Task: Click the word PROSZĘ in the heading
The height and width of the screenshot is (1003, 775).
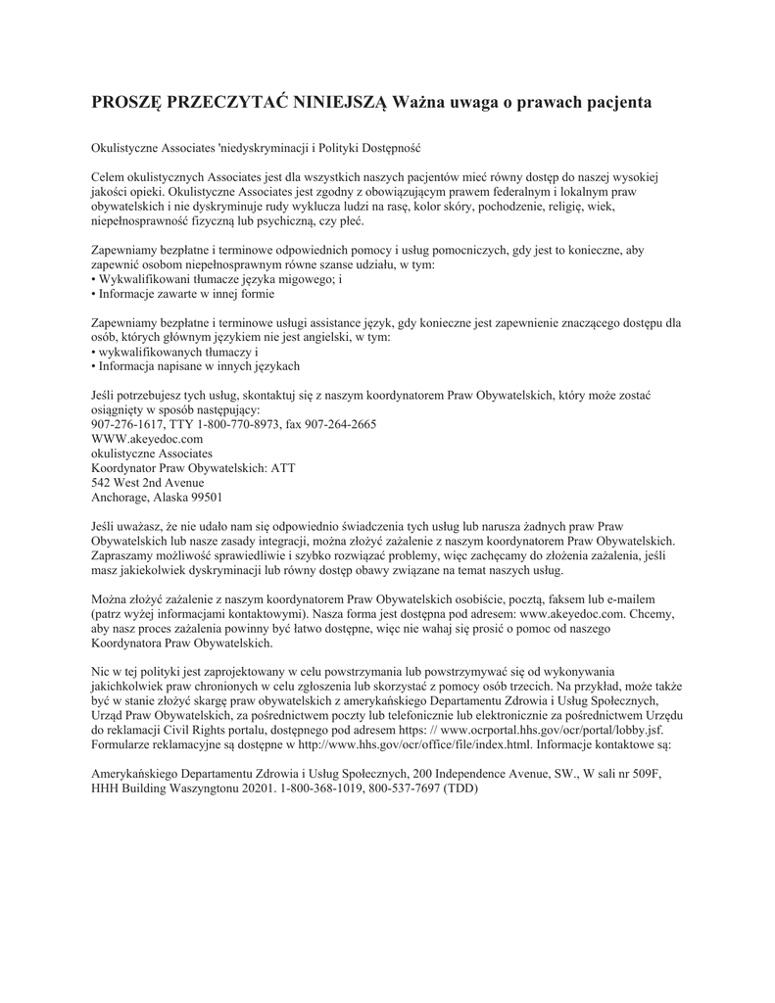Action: pyautogui.click(x=124, y=102)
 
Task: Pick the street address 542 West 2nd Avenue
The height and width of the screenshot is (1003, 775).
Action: pyautogui.click(x=148, y=482)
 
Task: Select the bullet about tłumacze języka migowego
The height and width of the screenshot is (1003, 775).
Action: pyautogui.click(x=217, y=279)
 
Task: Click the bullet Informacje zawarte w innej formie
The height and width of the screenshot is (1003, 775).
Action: pyautogui.click(x=183, y=293)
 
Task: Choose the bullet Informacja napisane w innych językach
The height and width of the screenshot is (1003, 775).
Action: pyautogui.click(x=195, y=365)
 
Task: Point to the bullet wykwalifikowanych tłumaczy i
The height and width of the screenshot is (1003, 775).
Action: pyautogui.click(x=175, y=351)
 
